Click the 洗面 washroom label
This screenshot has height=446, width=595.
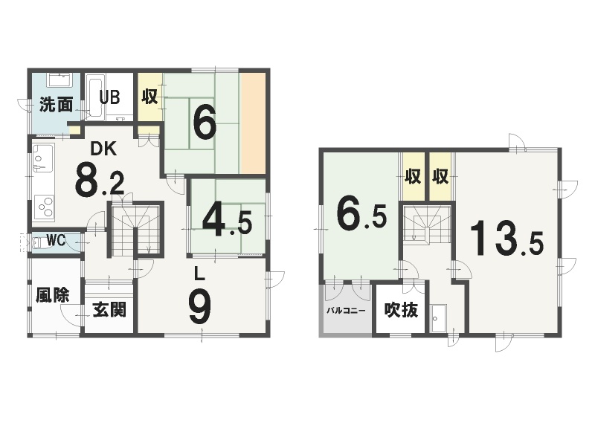(x=57, y=105)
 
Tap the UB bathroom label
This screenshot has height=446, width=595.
(x=109, y=97)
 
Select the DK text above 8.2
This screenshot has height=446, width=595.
(x=103, y=149)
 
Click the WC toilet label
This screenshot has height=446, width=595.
(x=56, y=239)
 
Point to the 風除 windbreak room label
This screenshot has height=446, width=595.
(x=53, y=295)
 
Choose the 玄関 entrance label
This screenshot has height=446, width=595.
(x=109, y=310)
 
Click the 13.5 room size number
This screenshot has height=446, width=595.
(x=507, y=238)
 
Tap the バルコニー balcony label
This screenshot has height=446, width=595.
(x=346, y=311)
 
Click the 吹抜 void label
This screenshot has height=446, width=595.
(x=401, y=310)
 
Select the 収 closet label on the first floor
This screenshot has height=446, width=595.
(x=150, y=97)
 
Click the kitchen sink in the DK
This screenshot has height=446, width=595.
(x=43, y=158)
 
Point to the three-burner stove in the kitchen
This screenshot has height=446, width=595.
(x=44, y=207)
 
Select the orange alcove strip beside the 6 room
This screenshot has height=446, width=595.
(x=253, y=123)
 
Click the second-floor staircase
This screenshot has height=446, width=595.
(x=427, y=224)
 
